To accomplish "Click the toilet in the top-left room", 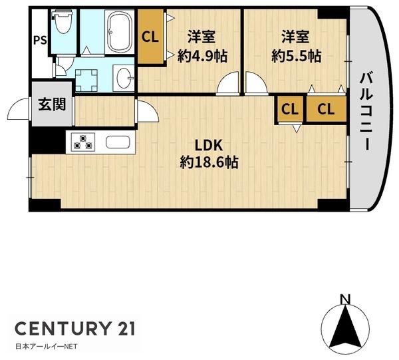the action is pos(63,23).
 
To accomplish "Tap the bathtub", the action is pos(119,32).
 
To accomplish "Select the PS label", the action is pos(40,41).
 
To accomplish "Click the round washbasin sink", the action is pos(124,78).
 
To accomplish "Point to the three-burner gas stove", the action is pos(82,142).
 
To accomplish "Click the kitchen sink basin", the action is pos(118,142).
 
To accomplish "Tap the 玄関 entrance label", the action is pos(52,104).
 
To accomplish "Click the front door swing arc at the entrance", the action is pos(19,109).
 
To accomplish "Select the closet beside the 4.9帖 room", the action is pos(150,37).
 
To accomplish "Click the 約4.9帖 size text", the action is pos(202,57).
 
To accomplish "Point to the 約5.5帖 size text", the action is pos(297,57).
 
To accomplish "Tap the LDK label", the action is pos(209,145).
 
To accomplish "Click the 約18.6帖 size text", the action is pos(209,162).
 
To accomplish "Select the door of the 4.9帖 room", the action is pos(228,83).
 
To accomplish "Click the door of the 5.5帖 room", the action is pos(257,83).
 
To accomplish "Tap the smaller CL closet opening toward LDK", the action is pos(290,109).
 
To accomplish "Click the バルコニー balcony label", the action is pos(366,111).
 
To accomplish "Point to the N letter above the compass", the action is pos(345,299).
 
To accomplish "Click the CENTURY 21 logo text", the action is pos(74,329).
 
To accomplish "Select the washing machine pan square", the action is pos(86,81).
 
